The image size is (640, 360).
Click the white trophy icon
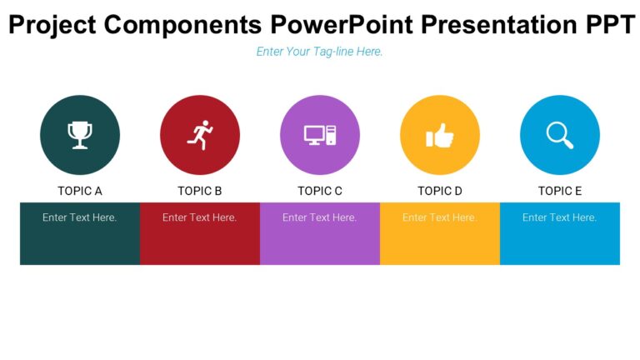[80, 135]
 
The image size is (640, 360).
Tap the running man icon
[200, 135]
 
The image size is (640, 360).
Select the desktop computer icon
[320, 135]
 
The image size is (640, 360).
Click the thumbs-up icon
[440, 135]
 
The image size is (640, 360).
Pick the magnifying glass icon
[560, 135]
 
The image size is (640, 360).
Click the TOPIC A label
[80, 191]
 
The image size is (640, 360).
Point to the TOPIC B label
[200, 191]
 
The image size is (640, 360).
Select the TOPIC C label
[320, 191]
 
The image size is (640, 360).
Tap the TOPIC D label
[440, 191]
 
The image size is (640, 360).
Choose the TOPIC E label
[560, 191]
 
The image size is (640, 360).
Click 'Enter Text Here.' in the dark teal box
[80, 217]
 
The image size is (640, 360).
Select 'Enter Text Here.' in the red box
[200, 217]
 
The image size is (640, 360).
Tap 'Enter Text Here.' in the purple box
[320, 217]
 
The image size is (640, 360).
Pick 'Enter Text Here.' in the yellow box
[440, 217]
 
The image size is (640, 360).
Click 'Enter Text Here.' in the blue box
[560, 217]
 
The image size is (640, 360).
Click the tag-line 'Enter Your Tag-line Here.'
[320, 52]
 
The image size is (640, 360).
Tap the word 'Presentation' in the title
[495, 25]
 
